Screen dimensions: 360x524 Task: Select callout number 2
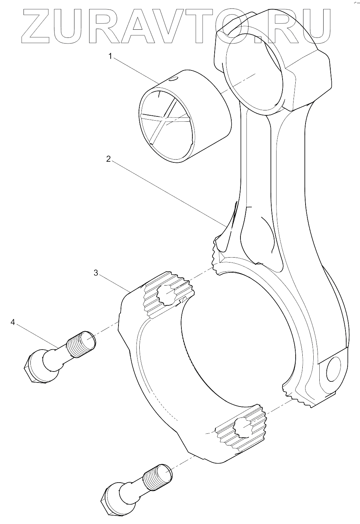point(108,159)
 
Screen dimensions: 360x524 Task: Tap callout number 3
point(95,272)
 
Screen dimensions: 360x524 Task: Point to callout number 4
point(13,322)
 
